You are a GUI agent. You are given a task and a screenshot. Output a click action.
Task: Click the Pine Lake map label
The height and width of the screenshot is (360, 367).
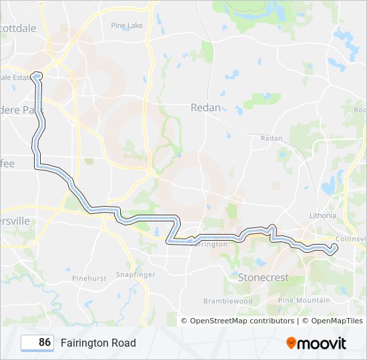tap(127, 25)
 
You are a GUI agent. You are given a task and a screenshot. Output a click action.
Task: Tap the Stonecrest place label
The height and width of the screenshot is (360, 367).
tap(263, 277)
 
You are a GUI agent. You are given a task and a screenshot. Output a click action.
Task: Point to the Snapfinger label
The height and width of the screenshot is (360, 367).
tap(135, 275)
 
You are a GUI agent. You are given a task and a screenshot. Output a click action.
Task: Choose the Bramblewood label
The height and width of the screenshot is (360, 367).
tap(228, 301)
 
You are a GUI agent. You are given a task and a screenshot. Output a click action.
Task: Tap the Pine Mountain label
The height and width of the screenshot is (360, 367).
tap(304, 301)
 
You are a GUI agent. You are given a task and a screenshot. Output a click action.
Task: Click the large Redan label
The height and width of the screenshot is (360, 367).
tap(206, 107)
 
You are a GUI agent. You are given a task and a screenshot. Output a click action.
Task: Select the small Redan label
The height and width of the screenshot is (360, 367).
tap(272, 138)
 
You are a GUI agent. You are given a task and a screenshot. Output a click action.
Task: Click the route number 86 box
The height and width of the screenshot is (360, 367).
tap(37, 343)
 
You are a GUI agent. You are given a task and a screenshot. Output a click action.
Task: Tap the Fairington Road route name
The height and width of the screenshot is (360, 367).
tap(98, 343)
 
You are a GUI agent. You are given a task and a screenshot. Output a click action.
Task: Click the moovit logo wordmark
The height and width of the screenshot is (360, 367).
tap(322, 343)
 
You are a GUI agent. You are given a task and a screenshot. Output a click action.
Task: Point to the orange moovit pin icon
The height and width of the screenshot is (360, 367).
tap(291, 343)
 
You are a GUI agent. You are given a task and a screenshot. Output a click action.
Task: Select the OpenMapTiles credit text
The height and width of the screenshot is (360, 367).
tap(332, 321)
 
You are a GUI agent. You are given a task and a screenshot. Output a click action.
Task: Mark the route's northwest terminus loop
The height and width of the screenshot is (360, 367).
tap(36, 75)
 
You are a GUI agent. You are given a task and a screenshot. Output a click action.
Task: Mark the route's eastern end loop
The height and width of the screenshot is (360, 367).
tap(332, 249)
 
